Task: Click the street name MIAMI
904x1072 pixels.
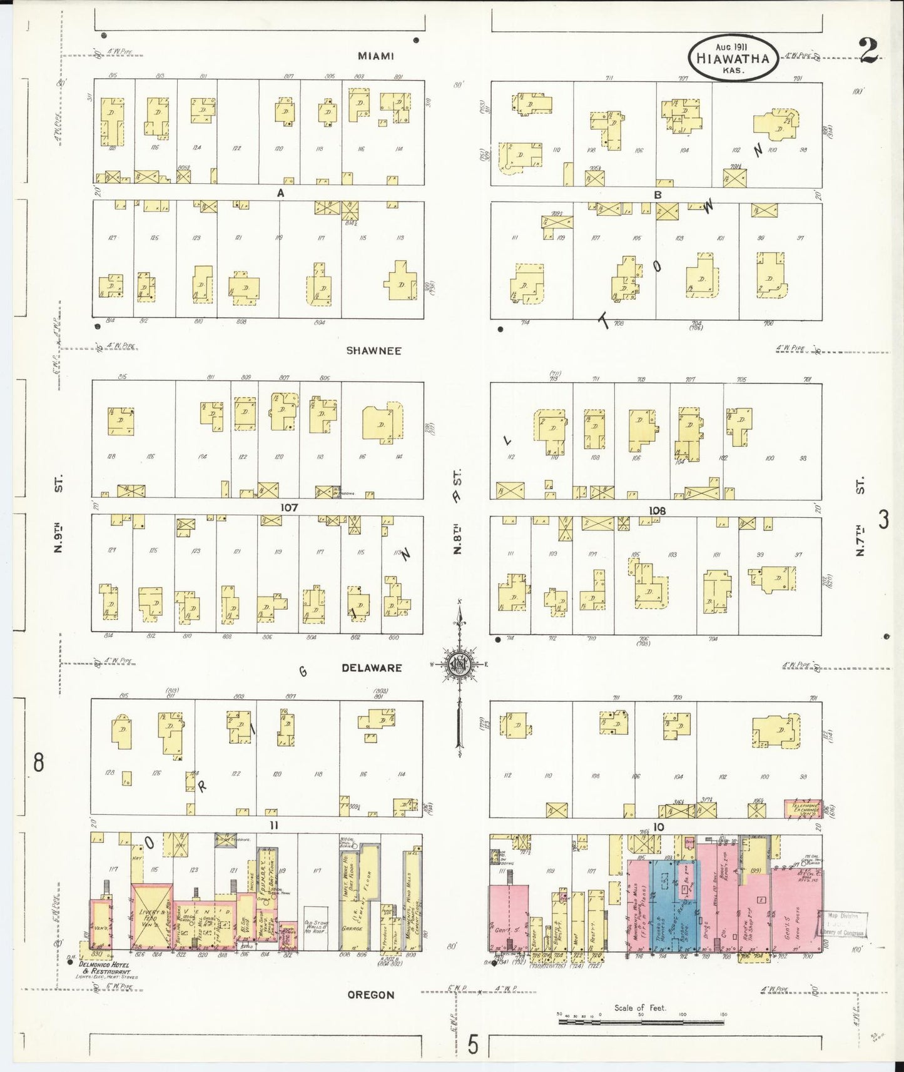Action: click(x=375, y=56)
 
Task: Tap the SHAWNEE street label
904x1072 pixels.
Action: click(x=373, y=351)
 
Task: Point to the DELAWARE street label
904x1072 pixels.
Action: click(x=372, y=668)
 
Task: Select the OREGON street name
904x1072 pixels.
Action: click(x=371, y=995)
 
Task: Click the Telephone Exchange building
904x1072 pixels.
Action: click(x=803, y=808)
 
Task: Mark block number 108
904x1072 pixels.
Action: click(x=657, y=510)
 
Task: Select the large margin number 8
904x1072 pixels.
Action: click(x=39, y=763)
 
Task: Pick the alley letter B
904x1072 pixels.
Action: click(x=658, y=195)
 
